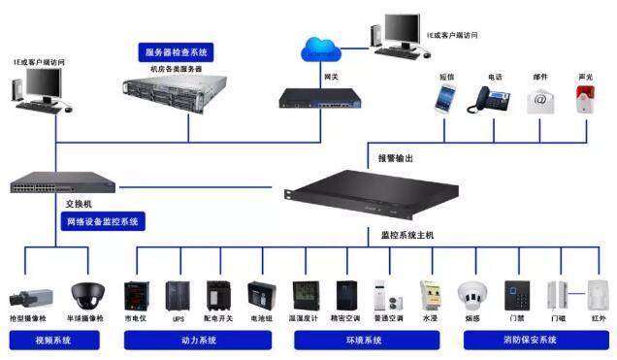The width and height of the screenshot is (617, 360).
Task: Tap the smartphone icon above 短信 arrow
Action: pos(445,98)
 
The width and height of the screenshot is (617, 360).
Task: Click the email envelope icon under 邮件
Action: pos(540,100)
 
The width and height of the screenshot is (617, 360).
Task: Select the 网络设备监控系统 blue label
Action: pos(103,221)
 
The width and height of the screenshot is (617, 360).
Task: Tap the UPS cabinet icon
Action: pos(177,295)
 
